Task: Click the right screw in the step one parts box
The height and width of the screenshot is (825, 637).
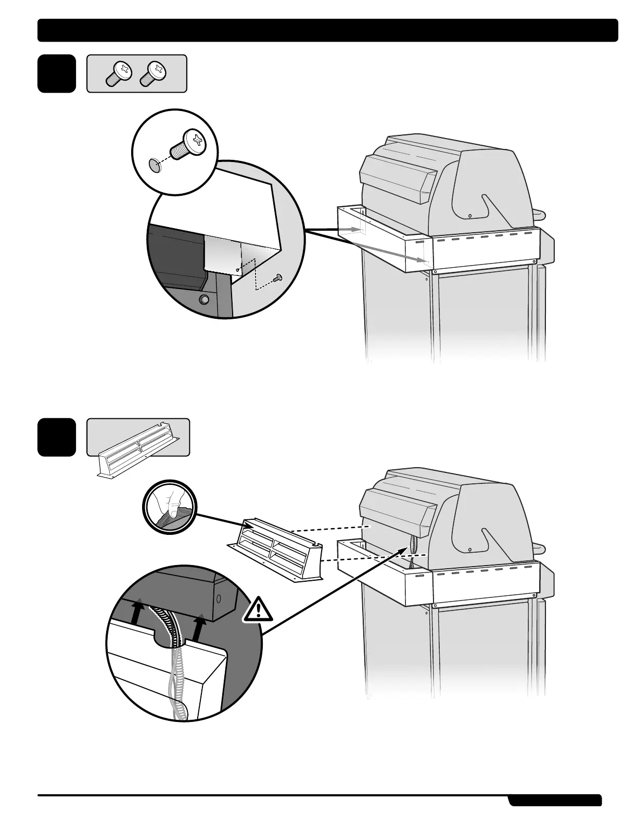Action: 153,73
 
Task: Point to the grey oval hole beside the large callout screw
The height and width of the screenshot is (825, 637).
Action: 154,165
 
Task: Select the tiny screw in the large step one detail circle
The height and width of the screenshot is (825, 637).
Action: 278,278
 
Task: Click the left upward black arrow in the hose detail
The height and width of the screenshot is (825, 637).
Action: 136,611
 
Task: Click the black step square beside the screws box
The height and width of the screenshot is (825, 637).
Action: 56,73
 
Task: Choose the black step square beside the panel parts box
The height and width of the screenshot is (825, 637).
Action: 56,438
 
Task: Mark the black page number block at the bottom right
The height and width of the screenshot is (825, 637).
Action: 555,800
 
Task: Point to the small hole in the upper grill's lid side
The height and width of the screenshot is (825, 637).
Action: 470,216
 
